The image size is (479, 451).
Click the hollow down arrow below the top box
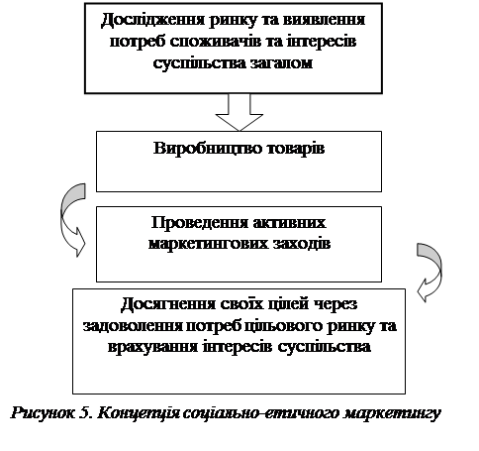(239, 112)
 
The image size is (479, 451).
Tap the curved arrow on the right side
(431, 272)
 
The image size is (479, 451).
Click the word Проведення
(199, 223)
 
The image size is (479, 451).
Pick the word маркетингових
(208, 245)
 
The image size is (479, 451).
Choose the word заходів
(302, 244)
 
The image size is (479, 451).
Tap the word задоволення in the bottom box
(133, 326)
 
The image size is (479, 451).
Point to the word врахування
(152, 348)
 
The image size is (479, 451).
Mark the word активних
(289, 223)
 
